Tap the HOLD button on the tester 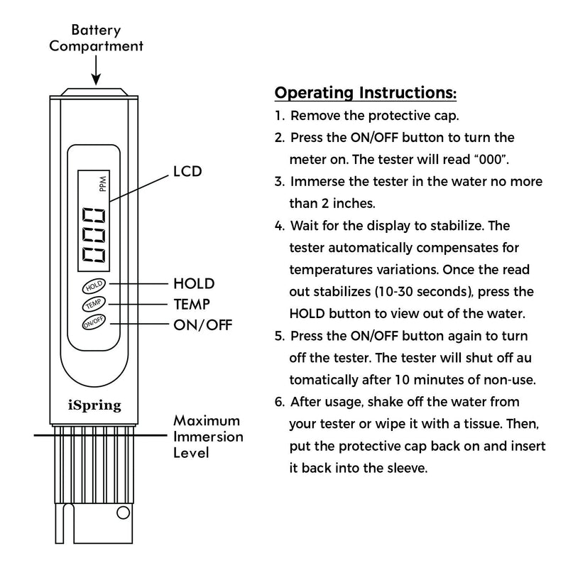coord(94,287)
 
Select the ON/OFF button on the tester coord(94,324)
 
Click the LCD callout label coord(187,172)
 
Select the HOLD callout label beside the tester coord(194,283)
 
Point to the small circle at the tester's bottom coord(123,513)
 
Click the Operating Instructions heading coord(365,94)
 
